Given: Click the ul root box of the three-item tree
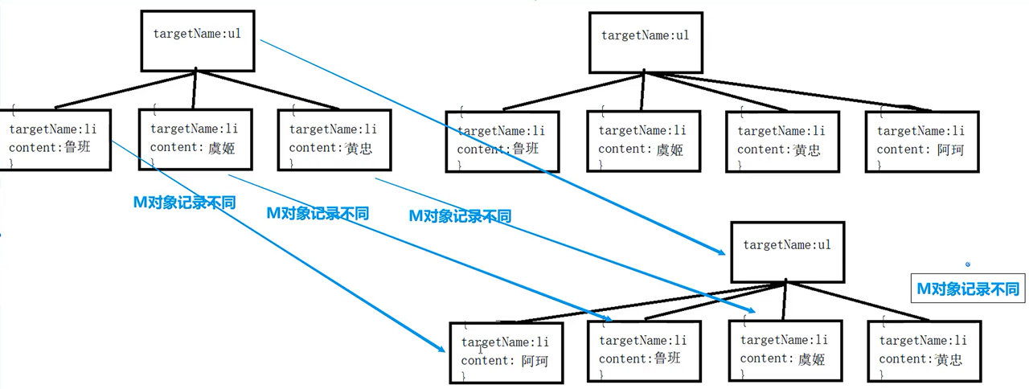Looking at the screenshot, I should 198,40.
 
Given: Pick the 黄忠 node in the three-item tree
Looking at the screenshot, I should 334,138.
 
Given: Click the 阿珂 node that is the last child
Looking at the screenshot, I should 922,141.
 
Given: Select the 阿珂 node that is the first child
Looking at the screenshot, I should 506,352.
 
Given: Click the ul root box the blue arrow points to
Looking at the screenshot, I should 787,252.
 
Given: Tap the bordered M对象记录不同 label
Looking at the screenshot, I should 968,288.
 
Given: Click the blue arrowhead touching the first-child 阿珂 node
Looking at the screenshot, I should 441,348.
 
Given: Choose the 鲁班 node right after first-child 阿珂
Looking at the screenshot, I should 644,350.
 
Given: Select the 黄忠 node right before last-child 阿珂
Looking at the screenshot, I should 782,141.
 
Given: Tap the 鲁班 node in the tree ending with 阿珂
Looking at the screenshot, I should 502,141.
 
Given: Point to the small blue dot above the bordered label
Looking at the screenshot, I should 968,264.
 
